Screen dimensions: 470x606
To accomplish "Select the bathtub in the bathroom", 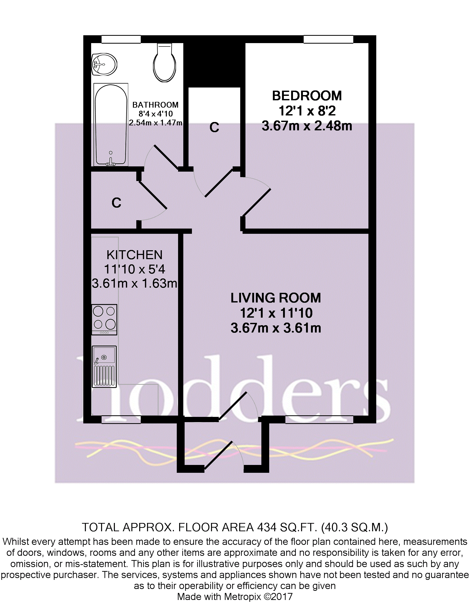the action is click(x=111, y=125).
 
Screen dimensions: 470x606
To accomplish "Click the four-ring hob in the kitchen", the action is click(x=104, y=320).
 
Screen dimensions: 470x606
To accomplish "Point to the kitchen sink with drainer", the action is click(x=104, y=366).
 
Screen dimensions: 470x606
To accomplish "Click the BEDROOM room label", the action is click(x=307, y=96).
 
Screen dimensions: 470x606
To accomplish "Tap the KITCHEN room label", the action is click(x=134, y=255).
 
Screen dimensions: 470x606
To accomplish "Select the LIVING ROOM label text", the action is click(x=276, y=298).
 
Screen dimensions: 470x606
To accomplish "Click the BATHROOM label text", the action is click(x=155, y=105).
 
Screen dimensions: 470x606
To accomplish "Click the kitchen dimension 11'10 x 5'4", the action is click(x=134, y=269).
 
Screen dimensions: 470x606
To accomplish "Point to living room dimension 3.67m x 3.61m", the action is click(x=276, y=328).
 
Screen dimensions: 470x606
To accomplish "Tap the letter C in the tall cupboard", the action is click(x=214, y=127).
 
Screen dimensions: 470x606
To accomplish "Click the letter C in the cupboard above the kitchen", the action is click(x=116, y=203).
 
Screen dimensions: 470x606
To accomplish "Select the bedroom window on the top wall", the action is click(x=328, y=39).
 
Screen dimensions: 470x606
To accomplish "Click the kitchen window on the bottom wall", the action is click(x=121, y=419).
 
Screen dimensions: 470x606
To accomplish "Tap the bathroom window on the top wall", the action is click(x=121, y=39).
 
